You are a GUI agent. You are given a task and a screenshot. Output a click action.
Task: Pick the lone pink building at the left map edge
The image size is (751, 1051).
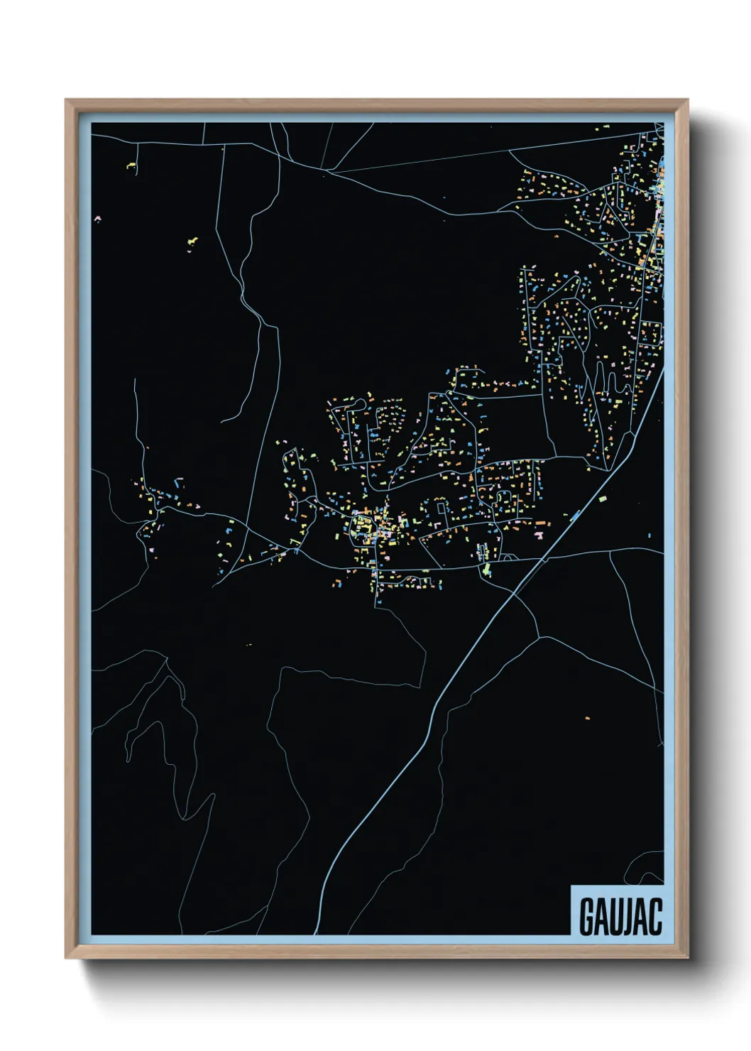click(97, 219)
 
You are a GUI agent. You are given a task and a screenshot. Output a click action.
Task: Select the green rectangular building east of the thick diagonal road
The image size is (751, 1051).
click(604, 499)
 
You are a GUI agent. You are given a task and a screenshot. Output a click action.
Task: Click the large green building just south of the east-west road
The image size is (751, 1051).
click(486, 570)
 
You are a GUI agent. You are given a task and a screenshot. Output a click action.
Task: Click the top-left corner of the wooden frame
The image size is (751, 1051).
click(66, 100)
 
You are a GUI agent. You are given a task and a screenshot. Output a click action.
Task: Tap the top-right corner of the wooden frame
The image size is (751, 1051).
click(688, 100)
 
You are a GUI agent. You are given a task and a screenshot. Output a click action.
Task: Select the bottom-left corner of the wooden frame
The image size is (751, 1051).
click(66, 958)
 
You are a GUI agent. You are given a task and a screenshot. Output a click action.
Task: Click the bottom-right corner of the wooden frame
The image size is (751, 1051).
click(688, 958)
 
